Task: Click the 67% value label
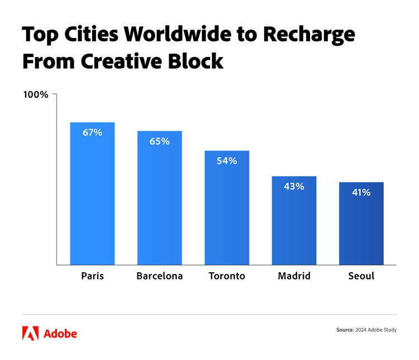[92, 132]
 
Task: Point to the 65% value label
[159, 141]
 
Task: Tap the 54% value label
[227, 161]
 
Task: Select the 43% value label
[294, 186]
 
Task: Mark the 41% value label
[361, 192]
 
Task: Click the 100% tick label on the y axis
[36, 94]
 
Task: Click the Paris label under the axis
[92, 276]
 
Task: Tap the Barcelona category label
[159, 276]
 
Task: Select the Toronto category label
[227, 276]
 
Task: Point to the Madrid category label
[294, 276]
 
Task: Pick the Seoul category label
[361, 276]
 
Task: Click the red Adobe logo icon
[30, 333]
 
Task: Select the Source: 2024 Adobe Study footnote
[366, 330]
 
